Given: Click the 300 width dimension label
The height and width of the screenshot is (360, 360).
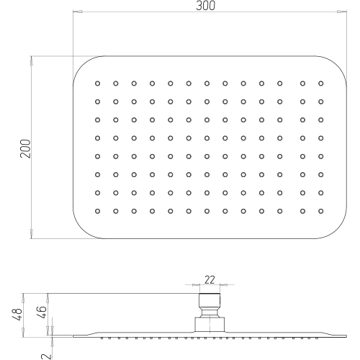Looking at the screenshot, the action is click(205, 6).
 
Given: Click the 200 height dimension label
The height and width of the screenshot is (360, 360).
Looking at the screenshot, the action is click(25, 148).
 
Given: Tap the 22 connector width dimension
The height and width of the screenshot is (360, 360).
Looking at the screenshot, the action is click(210, 279).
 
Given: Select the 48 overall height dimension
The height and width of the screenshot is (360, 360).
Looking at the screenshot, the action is click(17, 314).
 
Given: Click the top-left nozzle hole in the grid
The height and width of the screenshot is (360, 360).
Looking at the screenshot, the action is click(97, 84).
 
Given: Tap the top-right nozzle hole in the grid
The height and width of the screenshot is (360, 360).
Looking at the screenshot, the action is click(321, 84).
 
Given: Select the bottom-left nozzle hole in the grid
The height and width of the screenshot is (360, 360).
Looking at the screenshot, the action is click(97, 211).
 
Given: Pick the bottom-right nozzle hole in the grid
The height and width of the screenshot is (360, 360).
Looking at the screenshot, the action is click(321, 211).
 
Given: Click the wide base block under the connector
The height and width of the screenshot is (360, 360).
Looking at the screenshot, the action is click(210, 325).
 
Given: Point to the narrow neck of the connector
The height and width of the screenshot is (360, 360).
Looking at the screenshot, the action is click(210, 313).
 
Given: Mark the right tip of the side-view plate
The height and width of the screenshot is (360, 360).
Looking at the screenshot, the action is click(346, 336).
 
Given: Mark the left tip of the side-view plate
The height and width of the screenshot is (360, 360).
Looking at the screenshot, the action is click(73, 336).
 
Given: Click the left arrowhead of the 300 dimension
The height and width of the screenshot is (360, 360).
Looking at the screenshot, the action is click(78, 12).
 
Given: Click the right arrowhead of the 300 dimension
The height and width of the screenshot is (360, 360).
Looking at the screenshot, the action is click(342, 12).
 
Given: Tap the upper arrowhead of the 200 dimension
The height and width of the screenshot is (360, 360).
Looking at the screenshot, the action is click(31, 60).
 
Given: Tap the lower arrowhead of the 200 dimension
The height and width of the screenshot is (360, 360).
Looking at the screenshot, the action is click(31, 234).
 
